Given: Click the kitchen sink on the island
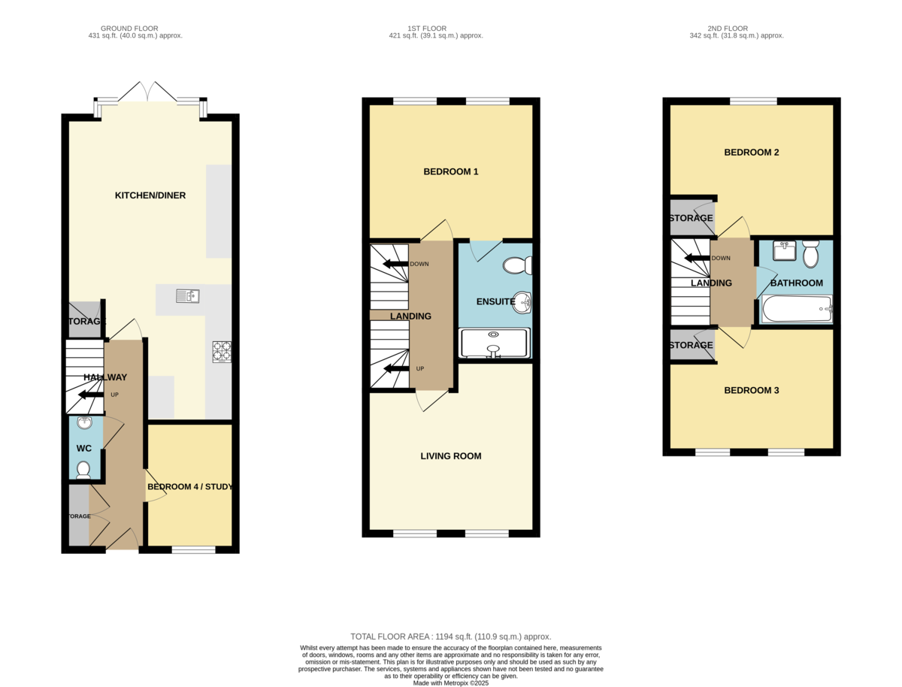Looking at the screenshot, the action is coord(188,296).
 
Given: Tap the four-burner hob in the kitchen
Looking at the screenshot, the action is coord(222,352).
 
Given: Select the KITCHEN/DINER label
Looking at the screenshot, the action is coord(150,195).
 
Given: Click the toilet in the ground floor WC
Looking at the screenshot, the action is coord(83,470).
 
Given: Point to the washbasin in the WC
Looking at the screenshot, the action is coord(85,423).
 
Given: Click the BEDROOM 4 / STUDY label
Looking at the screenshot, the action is coord(190,487).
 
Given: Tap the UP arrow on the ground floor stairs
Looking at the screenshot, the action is coord(91,395).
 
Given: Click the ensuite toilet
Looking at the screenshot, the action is coord(518,265).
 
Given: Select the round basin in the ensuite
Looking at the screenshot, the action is coord(522,302).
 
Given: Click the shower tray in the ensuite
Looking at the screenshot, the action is coord(495,343).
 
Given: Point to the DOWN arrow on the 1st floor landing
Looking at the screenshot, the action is coord(395,264).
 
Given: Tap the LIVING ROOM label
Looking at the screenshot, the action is coord(451,456).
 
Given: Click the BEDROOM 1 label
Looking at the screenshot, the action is coord(451,171).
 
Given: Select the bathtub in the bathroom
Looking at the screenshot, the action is coord(798,309).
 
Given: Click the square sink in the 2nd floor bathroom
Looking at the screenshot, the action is coord(785,250).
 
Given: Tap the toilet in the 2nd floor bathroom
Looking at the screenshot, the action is coord(811,254).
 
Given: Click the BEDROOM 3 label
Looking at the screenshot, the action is coord(751,390).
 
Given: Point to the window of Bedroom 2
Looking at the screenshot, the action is coord(753,101).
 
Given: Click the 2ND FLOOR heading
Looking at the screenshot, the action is coord(728,29).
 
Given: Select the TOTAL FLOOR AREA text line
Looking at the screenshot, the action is coord(451,637).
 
